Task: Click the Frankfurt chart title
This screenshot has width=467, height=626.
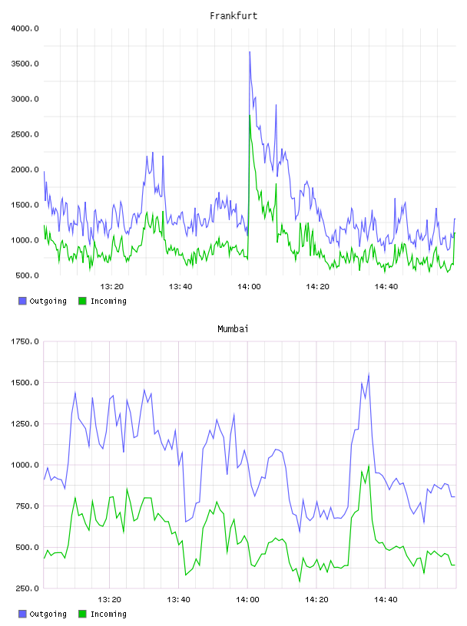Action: click(233, 16)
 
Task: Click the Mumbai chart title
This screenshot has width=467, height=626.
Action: click(233, 329)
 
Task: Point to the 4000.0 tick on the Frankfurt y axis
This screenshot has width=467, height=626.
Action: click(25, 28)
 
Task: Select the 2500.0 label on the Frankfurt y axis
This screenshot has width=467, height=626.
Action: click(25, 134)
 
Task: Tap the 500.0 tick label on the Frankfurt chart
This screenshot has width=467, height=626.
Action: click(27, 275)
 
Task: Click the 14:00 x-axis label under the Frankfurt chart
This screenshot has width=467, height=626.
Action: click(249, 287)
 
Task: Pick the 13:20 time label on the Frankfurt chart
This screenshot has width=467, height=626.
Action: click(111, 287)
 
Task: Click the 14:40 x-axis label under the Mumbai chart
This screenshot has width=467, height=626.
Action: click(386, 600)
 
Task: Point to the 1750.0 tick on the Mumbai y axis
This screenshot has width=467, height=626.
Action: click(25, 341)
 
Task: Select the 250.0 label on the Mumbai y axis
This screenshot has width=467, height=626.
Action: click(27, 588)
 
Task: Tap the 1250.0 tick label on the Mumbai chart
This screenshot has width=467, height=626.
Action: click(25, 423)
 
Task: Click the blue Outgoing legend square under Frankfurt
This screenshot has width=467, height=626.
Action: click(22, 301)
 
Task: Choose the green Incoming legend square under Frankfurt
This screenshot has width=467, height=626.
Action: click(82, 301)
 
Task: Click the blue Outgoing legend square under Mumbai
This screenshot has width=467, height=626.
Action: click(22, 614)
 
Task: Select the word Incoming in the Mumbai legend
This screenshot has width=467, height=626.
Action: click(108, 614)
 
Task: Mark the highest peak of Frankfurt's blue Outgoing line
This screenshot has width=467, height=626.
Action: click(250, 52)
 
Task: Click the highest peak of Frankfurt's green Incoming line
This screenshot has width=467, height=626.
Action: click(250, 115)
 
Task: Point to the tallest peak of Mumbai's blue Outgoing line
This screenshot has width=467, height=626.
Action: click(369, 374)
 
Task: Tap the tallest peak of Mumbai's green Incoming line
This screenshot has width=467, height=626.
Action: click(369, 466)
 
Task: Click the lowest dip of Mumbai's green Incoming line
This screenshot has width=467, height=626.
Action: click(300, 582)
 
